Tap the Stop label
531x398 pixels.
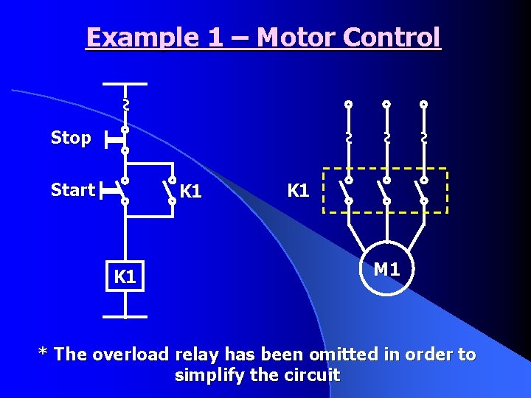pyautogui.click(x=71, y=138)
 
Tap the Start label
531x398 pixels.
pyautogui.click(x=72, y=190)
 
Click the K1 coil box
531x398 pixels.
pyautogui.click(x=125, y=276)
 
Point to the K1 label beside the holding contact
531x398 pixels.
pyautogui.click(x=190, y=192)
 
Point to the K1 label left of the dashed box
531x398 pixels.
pyautogui.click(x=298, y=190)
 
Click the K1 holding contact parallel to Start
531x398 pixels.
pyautogui.click(x=170, y=190)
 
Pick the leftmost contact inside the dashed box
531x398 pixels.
pyautogui.click(x=347, y=189)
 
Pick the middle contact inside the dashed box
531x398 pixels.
pyautogui.click(x=385, y=189)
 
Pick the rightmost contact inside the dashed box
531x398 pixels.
pyautogui.click(x=423, y=189)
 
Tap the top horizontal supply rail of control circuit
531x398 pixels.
pyautogui.click(x=125, y=84)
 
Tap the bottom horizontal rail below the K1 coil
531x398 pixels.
pyautogui.click(x=125, y=317)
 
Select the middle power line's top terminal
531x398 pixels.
pyautogui.click(x=386, y=105)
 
